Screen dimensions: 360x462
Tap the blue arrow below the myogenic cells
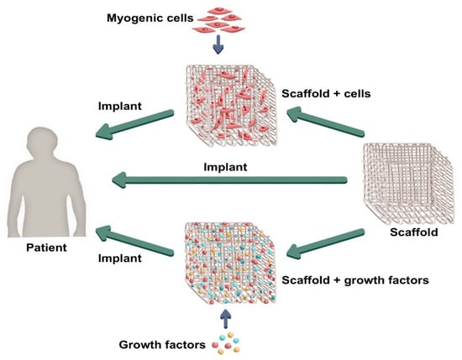(218, 45)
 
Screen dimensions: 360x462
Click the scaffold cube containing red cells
(223, 101)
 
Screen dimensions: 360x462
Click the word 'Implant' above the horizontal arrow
(225, 166)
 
